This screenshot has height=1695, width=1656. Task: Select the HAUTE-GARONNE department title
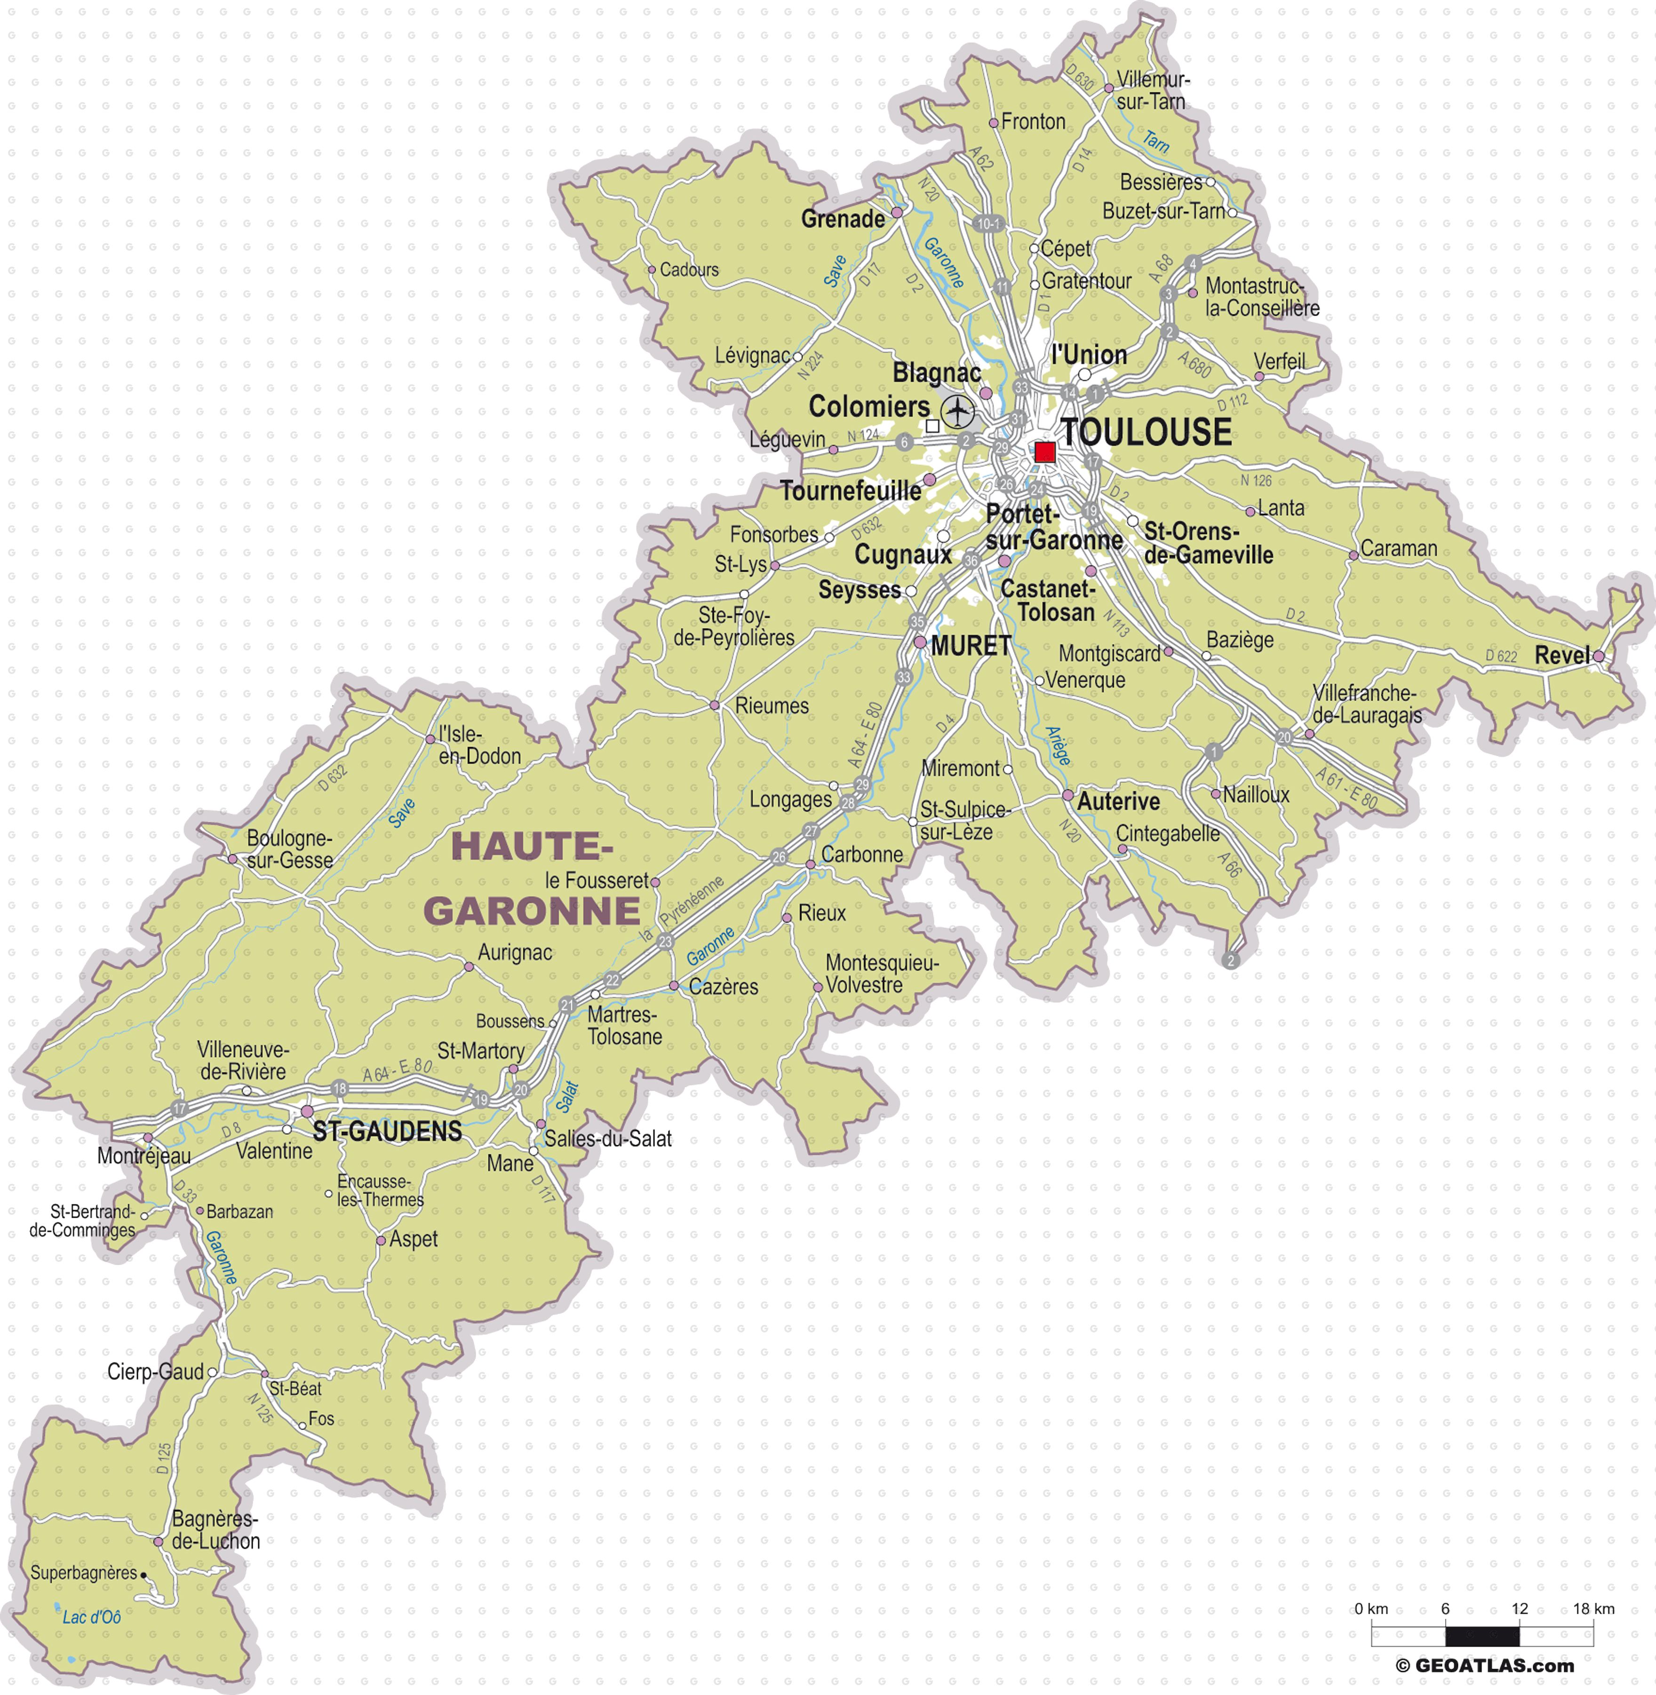532,879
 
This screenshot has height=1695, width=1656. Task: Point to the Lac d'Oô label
91,1617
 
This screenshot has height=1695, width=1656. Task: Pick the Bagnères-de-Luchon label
215,1530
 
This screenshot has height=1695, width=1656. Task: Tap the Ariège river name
1058,745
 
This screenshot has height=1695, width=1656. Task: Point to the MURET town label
971,645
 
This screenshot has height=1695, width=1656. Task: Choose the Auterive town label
1118,801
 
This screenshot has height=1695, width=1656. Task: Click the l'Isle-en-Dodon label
478,745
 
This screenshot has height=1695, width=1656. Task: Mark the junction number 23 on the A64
665,941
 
